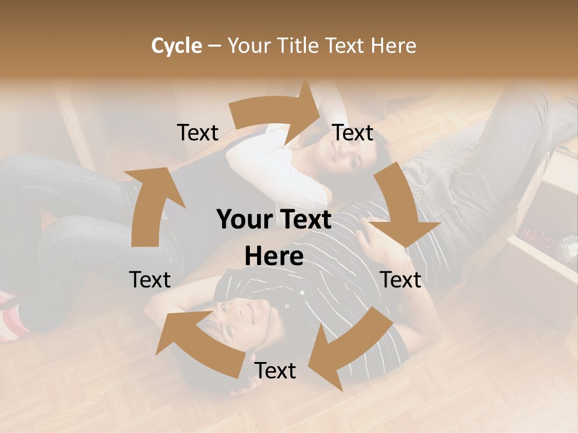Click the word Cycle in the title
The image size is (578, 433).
(176, 46)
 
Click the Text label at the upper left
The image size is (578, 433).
(197, 133)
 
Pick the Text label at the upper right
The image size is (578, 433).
(353, 133)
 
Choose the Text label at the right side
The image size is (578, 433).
(400, 280)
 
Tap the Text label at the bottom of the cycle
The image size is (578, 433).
(275, 370)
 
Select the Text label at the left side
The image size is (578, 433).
(150, 280)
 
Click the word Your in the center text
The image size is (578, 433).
(244, 220)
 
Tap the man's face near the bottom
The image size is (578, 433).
(238, 316)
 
